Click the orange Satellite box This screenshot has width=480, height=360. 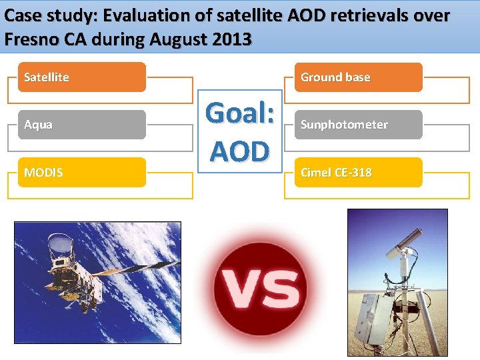point(81,77)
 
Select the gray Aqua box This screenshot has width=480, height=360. point(81,125)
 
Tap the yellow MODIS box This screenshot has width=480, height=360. point(81,173)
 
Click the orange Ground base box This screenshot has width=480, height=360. point(358,77)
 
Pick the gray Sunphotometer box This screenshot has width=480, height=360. point(358,125)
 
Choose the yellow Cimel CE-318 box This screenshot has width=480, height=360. point(358,173)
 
